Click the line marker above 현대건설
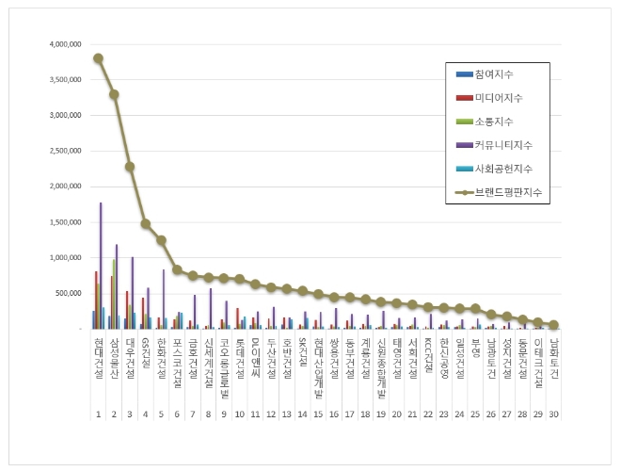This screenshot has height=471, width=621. pyautogui.click(x=98, y=57)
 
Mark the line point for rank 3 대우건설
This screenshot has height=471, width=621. pyautogui.click(x=130, y=167)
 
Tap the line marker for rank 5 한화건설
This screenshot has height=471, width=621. pyautogui.click(x=161, y=240)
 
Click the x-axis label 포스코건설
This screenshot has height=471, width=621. pyautogui.click(x=177, y=359)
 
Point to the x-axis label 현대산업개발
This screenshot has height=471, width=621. pyautogui.click(x=318, y=364)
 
